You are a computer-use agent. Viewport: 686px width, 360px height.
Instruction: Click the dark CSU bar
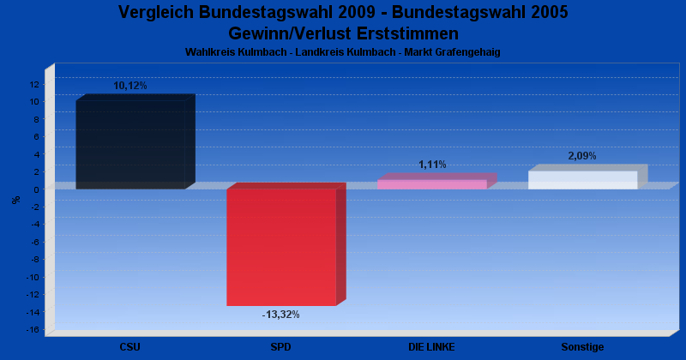pyautogui.click(x=130, y=144)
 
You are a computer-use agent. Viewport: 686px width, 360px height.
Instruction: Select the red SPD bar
pyautogui.click(x=281, y=247)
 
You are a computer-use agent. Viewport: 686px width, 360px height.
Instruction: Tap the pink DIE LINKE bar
pyautogui.click(x=432, y=184)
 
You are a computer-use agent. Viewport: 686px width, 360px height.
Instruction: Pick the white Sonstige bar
pyautogui.click(x=583, y=180)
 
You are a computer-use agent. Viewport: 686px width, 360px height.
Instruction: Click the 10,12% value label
pyautogui.click(x=130, y=86)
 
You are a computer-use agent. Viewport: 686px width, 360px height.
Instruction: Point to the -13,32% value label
pyautogui.click(x=280, y=315)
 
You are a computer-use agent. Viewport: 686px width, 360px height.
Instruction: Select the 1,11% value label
pyautogui.click(x=432, y=165)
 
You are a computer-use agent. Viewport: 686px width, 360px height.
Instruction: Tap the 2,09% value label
pyautogui.click(x=582, y=156)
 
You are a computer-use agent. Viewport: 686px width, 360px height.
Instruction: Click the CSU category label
pyautogui.click(x=130, y=347)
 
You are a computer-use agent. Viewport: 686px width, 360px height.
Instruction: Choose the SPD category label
pyautogui.click(x=280, y=347)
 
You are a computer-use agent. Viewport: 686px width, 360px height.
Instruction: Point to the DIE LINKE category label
pyautogui.click(x=431, y=347)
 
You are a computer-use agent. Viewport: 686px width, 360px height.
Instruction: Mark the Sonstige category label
pyautogui.click(x=582, y=347)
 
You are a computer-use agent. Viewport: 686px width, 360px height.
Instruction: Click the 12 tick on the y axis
pyautogui.click(x=34, y=84)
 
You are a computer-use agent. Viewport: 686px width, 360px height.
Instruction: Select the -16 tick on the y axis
pyautogui.click(x=33, y=330)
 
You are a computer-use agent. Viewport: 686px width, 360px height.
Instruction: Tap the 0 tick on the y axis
pyautogui.click(x=37, y=189)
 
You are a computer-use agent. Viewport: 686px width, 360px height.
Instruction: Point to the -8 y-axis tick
pyautogui.click(x=34, y=260)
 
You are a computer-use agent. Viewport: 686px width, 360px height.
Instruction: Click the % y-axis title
pyautogui.click(x=15, y=200)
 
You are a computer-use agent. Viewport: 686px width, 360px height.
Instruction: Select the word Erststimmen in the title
pyautogui.click(x=403, y=33)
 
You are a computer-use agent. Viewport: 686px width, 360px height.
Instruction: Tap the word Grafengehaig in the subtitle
pyautogui.click(x=469, y=52)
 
